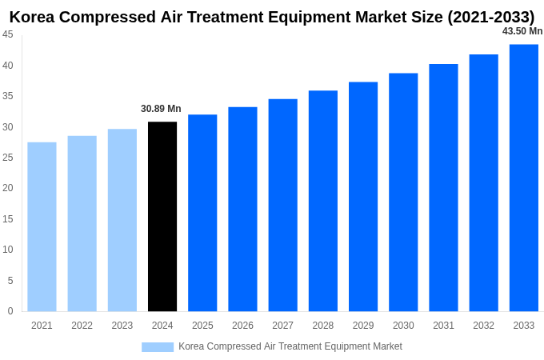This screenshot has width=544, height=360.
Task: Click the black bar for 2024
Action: [162, 216]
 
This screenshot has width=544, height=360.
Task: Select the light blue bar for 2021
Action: [42, 226]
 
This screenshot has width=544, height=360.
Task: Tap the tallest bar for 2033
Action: [523, 178]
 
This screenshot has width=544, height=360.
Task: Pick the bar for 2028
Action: [322, 201]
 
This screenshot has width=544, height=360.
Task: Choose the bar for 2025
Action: [202, 213]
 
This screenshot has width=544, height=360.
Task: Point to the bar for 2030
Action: [403, 192]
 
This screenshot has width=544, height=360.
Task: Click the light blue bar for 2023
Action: [122, 220]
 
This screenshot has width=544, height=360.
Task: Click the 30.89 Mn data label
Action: [161, 109]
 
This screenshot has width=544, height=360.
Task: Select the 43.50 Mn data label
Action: [522, 31]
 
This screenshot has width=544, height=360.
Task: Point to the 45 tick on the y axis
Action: [7, 34]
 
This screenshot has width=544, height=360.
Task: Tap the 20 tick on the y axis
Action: [7, 188]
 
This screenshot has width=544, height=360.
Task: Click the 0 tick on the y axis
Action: [10, 311]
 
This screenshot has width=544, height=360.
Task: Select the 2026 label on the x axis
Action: [242, 326]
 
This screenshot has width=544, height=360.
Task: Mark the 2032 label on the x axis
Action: [483, 326]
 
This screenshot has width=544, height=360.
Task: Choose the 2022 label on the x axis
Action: [82, 326]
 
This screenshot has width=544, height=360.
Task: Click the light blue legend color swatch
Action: [157, 346]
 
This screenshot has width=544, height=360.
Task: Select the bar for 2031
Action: [443, 187]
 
